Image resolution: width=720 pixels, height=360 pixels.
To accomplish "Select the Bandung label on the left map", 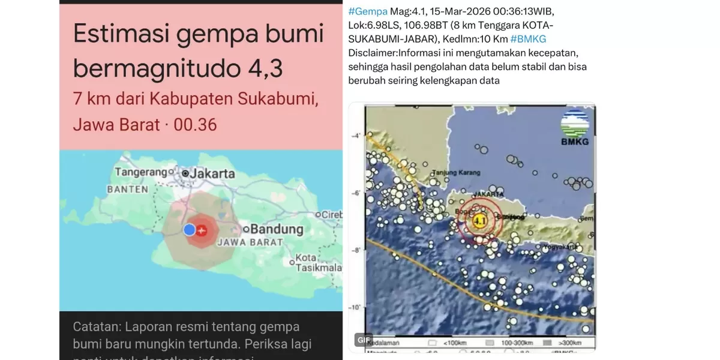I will pos(277,229).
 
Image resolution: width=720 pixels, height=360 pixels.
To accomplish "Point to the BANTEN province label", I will pos(127,189).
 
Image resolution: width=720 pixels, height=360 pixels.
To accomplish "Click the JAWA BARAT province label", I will pos(241,242).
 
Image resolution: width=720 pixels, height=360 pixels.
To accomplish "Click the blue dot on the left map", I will pos(190,229).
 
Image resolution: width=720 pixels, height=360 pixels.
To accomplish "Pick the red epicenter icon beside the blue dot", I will pos(202,229).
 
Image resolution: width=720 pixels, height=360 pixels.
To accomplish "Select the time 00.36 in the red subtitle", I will pos(195,125).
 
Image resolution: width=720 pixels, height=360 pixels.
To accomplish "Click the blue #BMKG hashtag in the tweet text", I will pos(529,38).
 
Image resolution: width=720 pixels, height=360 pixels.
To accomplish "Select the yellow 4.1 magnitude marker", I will pos(479,221).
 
